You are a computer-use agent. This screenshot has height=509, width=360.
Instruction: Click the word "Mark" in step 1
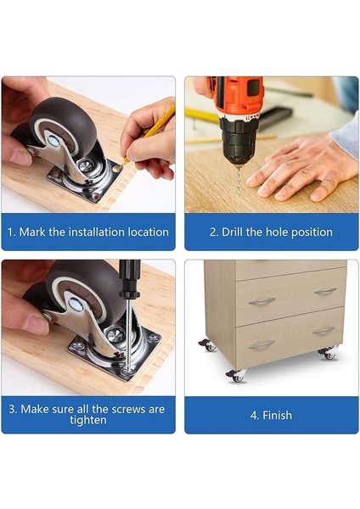32,232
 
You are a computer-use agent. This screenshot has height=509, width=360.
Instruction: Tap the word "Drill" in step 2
233,232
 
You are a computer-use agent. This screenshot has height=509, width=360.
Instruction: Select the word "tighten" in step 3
88,420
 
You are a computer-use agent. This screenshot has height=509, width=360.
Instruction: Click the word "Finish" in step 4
277,415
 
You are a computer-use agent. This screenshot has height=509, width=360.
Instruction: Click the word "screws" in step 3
127,409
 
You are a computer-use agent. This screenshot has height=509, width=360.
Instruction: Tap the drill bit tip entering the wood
239,193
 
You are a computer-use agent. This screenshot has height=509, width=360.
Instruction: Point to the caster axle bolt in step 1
53,141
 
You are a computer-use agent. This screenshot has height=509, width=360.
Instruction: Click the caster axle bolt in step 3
76,305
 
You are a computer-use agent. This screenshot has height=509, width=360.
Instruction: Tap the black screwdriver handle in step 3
130,278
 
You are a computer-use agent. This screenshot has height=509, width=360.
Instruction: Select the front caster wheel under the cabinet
237,377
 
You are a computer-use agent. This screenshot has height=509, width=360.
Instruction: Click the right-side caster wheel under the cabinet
329,354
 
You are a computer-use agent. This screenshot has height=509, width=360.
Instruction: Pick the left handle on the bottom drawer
262,344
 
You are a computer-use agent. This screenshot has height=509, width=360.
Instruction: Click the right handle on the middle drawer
325,291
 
